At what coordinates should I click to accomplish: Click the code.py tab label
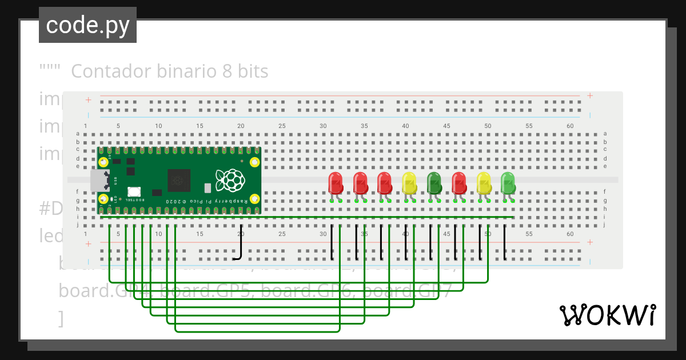tap(87, 25)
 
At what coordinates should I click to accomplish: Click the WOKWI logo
tap(607, 315)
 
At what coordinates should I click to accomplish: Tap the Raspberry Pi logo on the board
tap(232, 180)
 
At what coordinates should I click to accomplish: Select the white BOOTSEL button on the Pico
tap(134, 193)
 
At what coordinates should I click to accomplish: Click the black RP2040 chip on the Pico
tap(178, 181)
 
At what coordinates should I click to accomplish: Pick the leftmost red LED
tap(336, 183)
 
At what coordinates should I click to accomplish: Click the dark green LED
tap(434, 183)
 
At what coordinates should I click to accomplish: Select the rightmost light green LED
tap(508, 183)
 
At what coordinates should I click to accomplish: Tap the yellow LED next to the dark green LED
tap(409, 183)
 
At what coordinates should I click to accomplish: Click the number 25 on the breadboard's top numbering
tap(282, 126)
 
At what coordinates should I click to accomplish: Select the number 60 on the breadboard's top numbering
tap(570, 126)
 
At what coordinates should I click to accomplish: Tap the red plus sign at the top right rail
tap(590, 96)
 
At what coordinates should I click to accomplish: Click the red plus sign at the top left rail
tap(88, 99)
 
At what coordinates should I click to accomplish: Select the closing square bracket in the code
tap(61, 318)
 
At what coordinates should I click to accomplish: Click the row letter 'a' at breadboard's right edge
tap(605, 134)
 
